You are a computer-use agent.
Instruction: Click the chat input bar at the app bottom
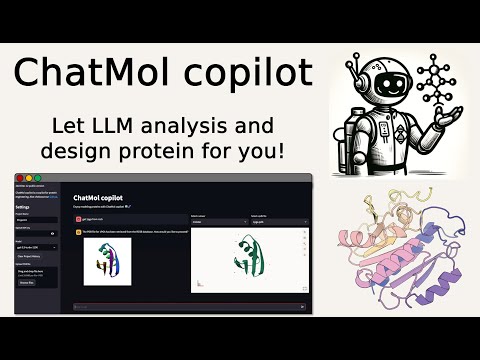coord(190,307)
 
